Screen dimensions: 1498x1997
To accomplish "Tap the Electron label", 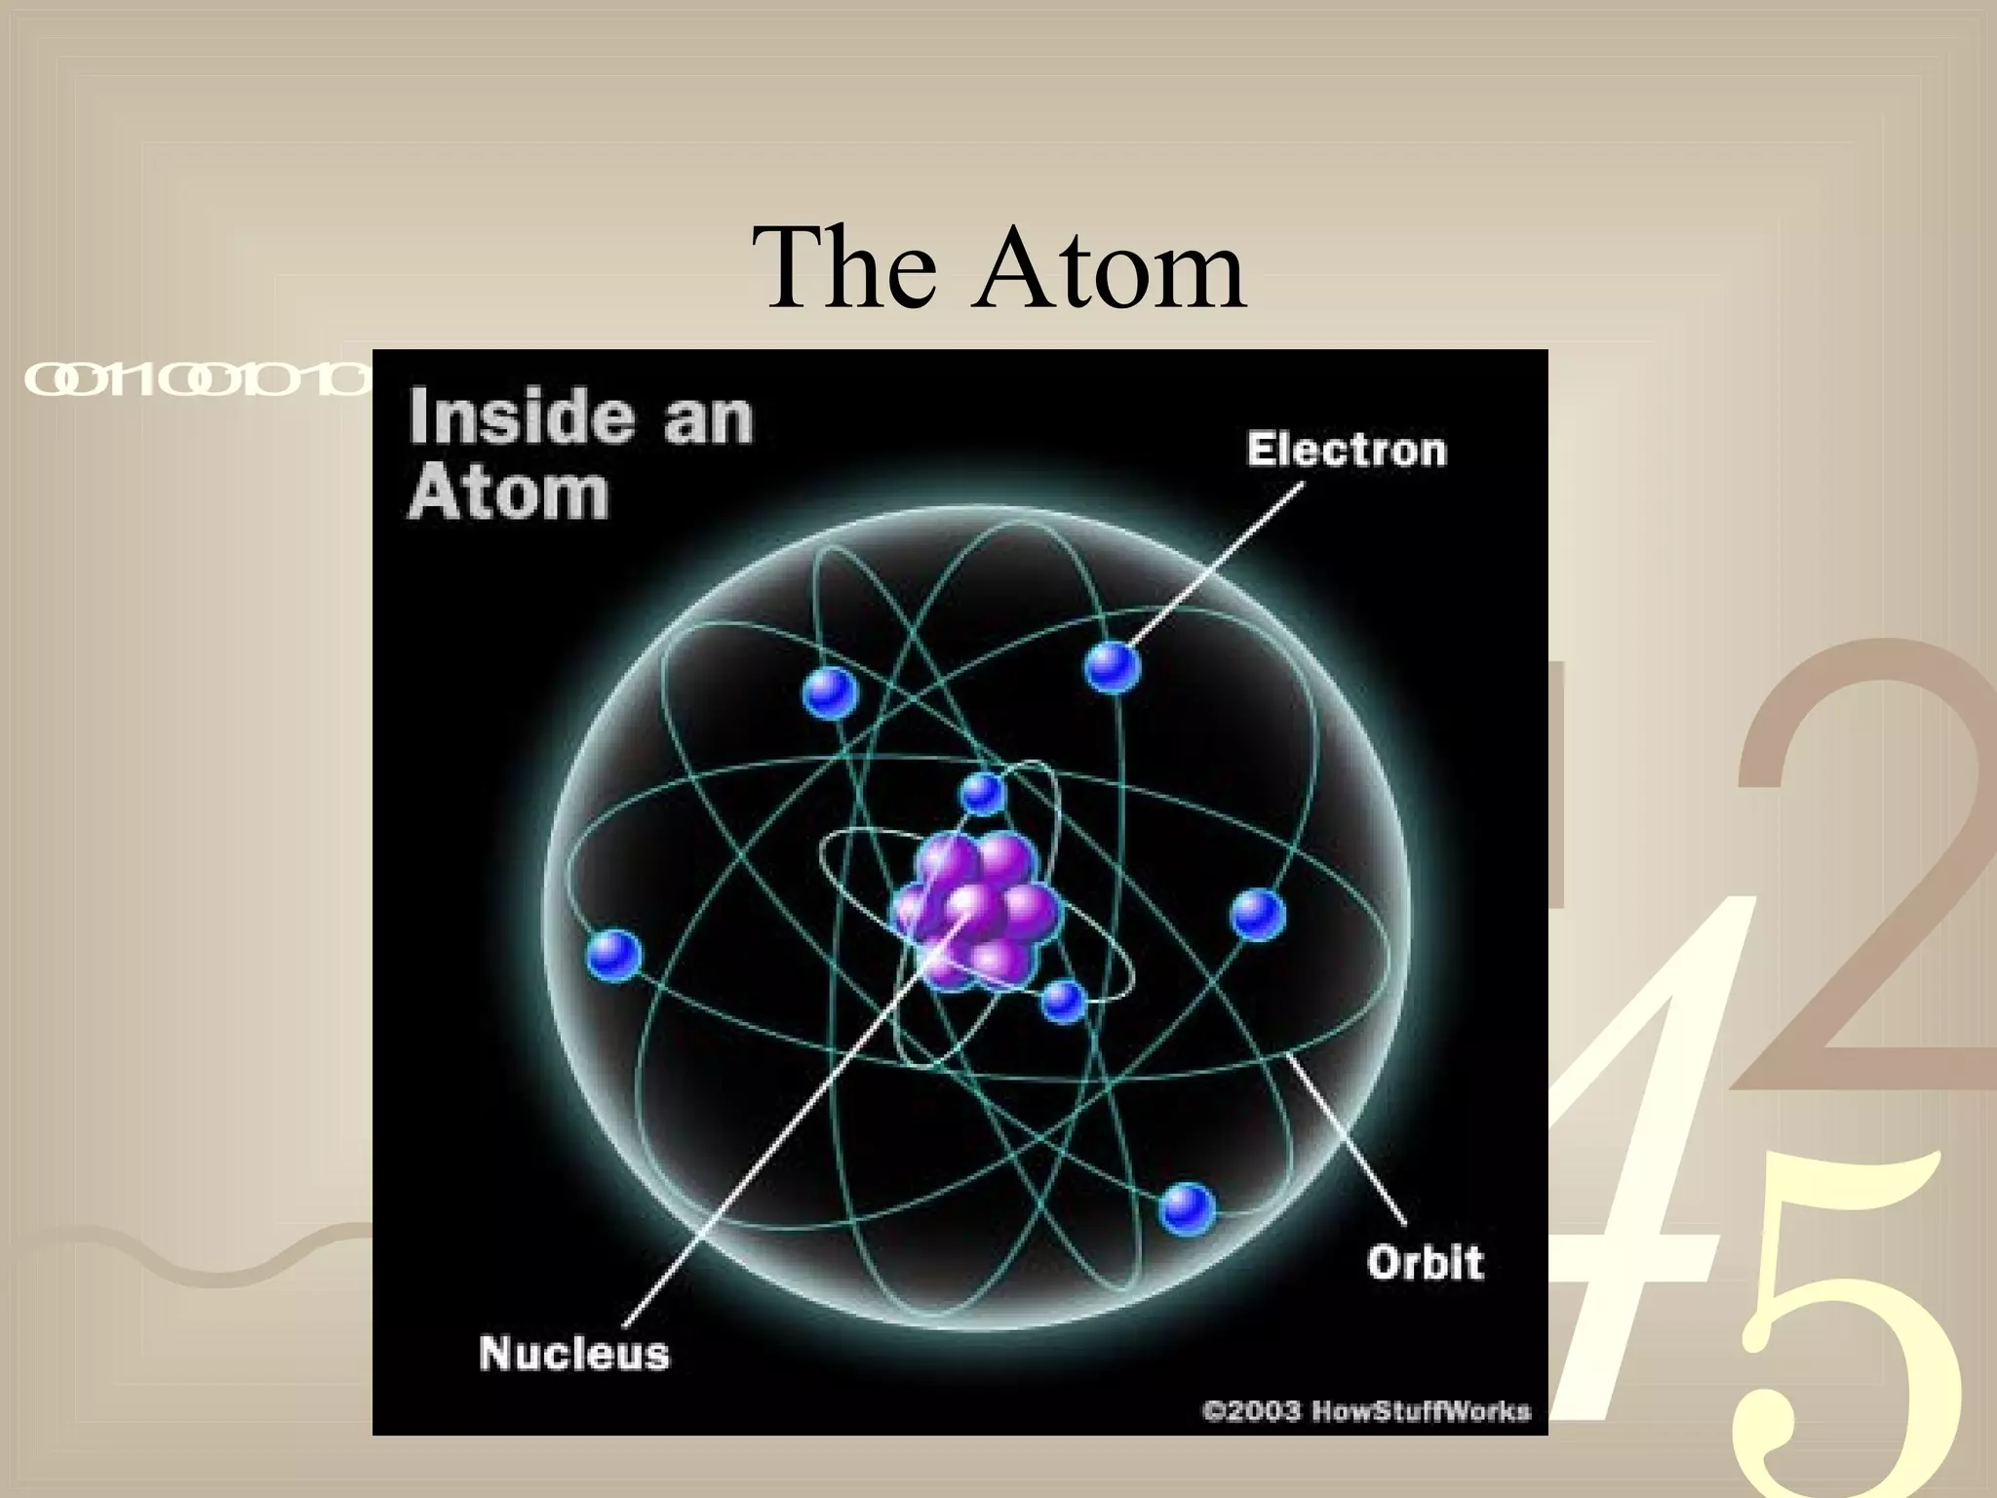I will (x=1346, y=451).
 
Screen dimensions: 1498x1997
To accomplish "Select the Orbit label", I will (x=1425, y=1263).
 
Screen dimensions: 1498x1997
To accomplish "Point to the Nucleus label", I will (x=574, y=1354).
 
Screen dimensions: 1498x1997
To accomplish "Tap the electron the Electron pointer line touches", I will (x=1112, y=667).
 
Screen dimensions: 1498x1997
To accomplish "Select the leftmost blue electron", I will (x=614, y=954).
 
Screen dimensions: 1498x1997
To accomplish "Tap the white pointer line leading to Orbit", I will (x=1351, y=1141).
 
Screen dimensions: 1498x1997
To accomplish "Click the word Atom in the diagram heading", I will (x=508, y=493).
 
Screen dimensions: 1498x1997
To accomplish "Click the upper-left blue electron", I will (x=831, y=693).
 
